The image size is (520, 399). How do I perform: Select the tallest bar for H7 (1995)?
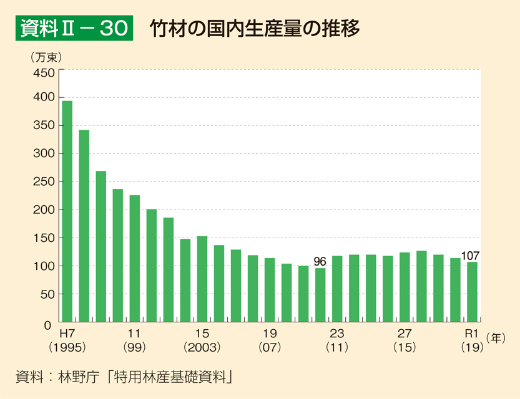coord(67,211)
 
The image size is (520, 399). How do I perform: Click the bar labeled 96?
coord(320,296)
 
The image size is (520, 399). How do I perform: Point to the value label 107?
coord(470,255)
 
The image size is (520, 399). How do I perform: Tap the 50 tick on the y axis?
coord(47,294)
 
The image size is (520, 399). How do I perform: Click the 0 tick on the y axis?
coord(49,325)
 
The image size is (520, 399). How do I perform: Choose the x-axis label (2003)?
coord(202,347)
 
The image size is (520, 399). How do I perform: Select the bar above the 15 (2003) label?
coord(202,279)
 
